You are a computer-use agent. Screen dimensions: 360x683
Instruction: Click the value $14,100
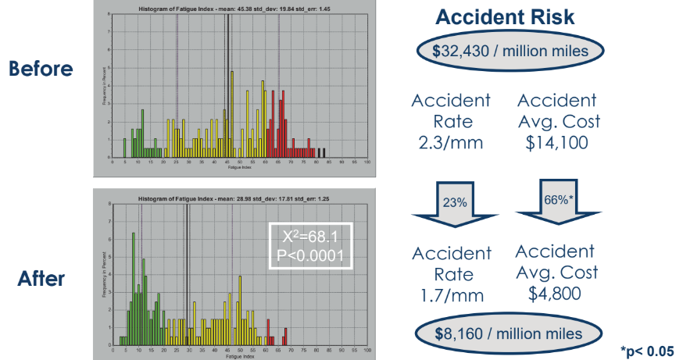click(556, 142)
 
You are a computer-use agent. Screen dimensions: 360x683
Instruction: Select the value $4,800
click(556, 294)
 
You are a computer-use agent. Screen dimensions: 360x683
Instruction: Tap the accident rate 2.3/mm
click(451, 142)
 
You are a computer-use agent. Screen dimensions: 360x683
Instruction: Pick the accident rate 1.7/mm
click(451, 295)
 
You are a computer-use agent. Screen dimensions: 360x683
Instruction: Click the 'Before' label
click(41, 69)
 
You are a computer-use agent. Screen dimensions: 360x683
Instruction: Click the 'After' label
click(41, 278)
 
